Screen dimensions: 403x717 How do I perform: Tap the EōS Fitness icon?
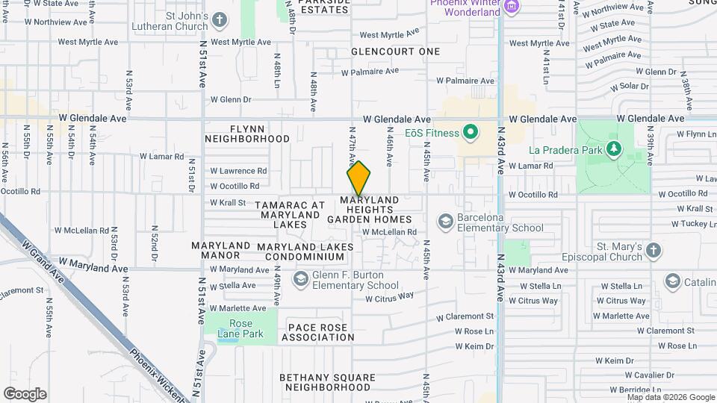point(471,134)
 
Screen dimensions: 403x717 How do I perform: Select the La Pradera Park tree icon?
point(615,149)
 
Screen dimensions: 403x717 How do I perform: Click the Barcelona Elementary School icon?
point(446,222)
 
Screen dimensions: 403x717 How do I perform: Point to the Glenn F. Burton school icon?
point(301,280)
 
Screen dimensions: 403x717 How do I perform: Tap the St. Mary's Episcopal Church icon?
point(654,251)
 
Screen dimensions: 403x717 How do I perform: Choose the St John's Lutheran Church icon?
point(220,19)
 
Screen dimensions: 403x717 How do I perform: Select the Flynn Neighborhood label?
point(247,134)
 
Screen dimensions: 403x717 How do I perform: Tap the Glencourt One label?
point(396,51)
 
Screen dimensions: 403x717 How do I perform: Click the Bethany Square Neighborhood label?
point(326,382)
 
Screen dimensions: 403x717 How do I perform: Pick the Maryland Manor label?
point(220,250)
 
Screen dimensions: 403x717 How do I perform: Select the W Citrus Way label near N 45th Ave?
point(389,297)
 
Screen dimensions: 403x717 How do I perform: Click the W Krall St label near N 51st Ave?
point(228,202)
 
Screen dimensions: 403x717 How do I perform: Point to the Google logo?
point(25,394)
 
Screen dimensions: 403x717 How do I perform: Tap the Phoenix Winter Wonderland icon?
point(511,7)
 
